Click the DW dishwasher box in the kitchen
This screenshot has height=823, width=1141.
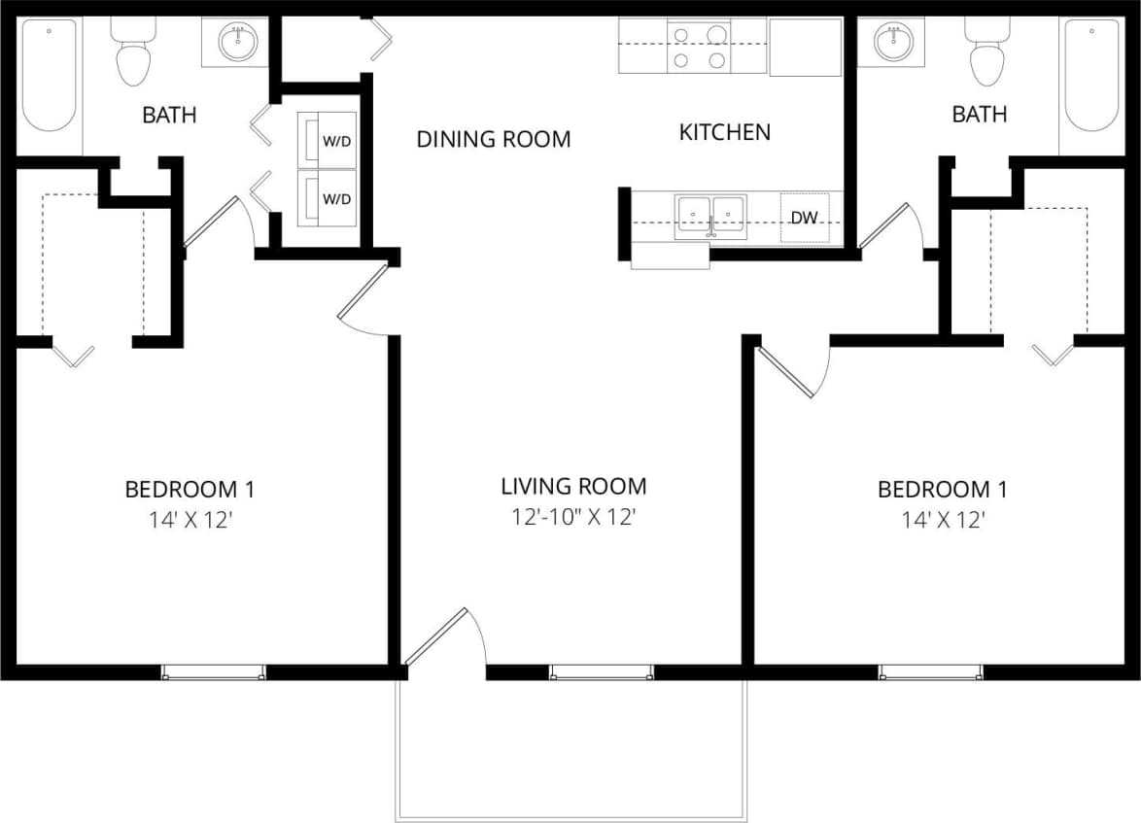click(x=804, y=219)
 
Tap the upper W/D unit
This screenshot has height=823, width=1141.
click(x=328, y=142)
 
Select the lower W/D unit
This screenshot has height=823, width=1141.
click(x=328, y=198)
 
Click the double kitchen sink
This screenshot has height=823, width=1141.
click(x=711, y=215)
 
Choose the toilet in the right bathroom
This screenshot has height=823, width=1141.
click(x=986, y=52)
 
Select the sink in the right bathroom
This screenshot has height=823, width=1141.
click(x=892, y=42)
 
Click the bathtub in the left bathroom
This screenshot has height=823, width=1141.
click(x=50, y=76)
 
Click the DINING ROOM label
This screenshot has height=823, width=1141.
click(x=494, y=139)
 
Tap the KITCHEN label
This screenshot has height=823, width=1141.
click(x=724, y=132)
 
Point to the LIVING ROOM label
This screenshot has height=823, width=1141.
click(x=573, y=486)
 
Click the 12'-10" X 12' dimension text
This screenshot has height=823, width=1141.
click(x=573, y=518)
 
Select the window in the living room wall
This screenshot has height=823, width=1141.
click(x=602, y=672)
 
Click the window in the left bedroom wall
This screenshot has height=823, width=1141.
click(x=213, y=672)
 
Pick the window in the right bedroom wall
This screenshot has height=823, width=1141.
click(x=930, y=672)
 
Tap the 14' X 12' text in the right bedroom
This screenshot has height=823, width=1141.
click(x=943, y=520)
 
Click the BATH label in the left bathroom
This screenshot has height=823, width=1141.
click(x=169, y=115)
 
